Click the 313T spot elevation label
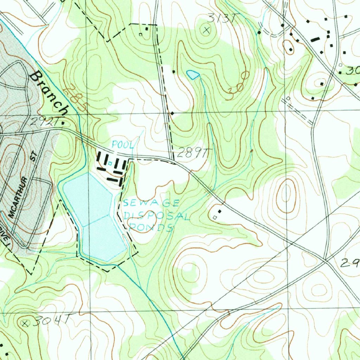pyautogui.click(x=220, y=18)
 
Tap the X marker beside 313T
pyautogui.click(x=206, y=30)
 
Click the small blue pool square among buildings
pyautogui.click(x=110, y=163)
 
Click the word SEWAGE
pyautogui.click(x=151, y=203)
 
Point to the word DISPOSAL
pyautogui.click(x=156, y=216)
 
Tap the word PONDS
pyautogui.click(x=151, y=227)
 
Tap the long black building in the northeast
pyautogui.click(x=315, y=40)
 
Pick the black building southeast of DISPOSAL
pyautogui.click(x=220, y=212)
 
